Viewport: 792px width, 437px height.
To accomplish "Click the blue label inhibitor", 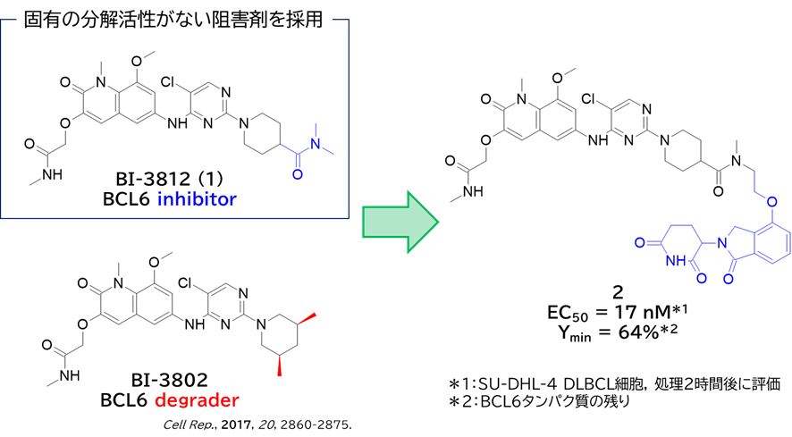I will click(198, 199).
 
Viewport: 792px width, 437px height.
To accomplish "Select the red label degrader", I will click(197, 400).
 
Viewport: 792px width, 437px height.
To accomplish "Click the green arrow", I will click(400, 222).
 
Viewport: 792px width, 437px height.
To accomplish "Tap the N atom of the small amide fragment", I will click(315, 145).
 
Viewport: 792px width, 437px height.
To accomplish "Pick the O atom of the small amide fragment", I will click(298, 174).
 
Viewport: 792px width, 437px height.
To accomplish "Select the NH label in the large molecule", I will click(677, 261).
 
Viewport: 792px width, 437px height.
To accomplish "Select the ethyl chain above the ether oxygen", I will click(757, 183).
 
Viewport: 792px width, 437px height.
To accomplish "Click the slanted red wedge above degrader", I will click(307, 317).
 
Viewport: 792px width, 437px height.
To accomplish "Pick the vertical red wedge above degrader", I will click(280, 365).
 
